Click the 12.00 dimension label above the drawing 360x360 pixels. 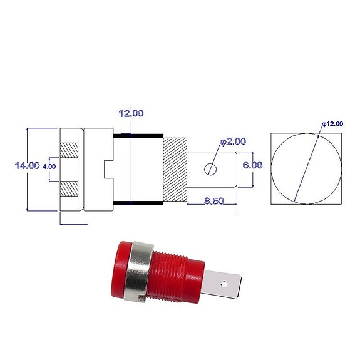[131, 113]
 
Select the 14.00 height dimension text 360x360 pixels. [27, 165]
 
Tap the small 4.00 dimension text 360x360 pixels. [49, 166]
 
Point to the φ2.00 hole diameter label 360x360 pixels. [232, 142]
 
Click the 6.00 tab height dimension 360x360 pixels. [253, 165]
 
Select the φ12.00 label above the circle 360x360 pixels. [332, 124]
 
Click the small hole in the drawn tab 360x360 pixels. [212, 169]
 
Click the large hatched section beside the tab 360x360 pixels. [175, 169]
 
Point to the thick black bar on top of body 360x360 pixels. [138, 135]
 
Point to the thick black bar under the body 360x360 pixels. [138, 203]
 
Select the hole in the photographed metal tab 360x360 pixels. [222, 284]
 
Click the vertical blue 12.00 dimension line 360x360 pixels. [131, 169]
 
